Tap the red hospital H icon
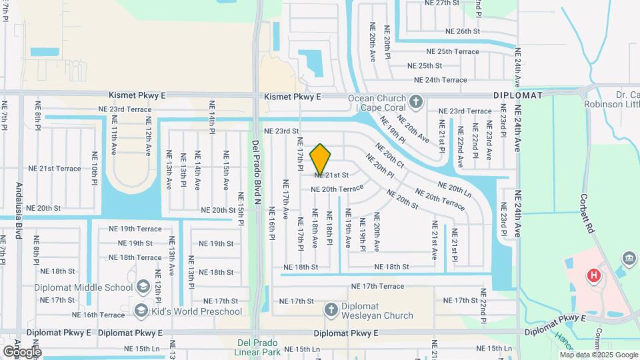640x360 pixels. (x=592, y=275)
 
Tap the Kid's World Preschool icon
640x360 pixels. (x=141, y=311)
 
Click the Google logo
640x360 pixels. (x=21, y=351)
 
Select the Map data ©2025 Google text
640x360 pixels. (x=599, y=355)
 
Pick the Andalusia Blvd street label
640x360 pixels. (x=19, y=214)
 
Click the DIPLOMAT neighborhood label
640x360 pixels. (x=519, y=95)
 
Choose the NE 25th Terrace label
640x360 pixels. (x=453, y=51)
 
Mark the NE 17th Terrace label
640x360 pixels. (x=378, y=286)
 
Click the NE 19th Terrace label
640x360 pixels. (x=135, y=229)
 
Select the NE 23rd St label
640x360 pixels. (x=281, y=131)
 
